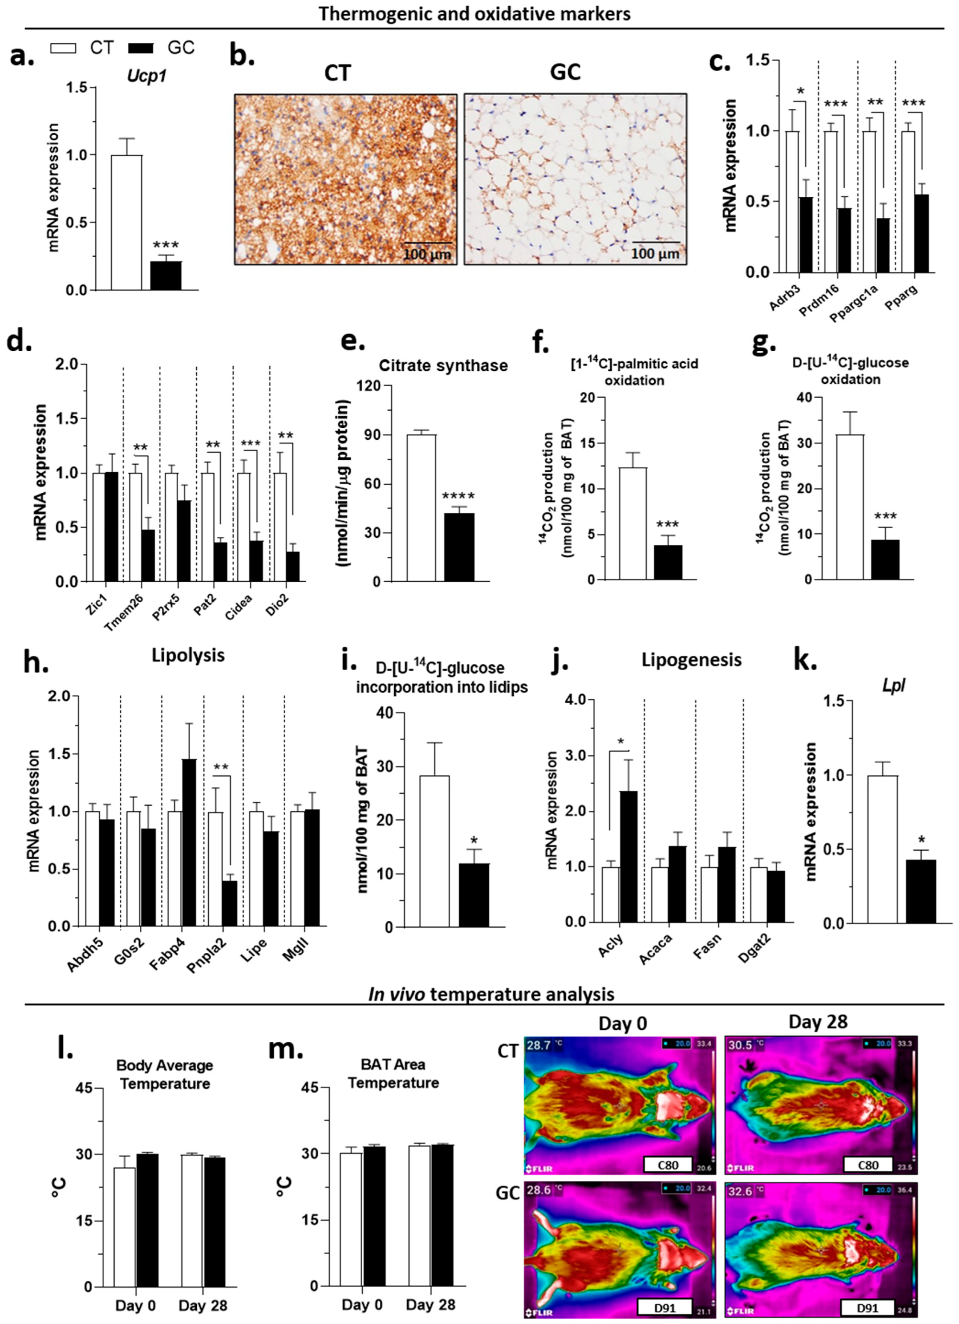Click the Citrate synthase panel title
point(443,365)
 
